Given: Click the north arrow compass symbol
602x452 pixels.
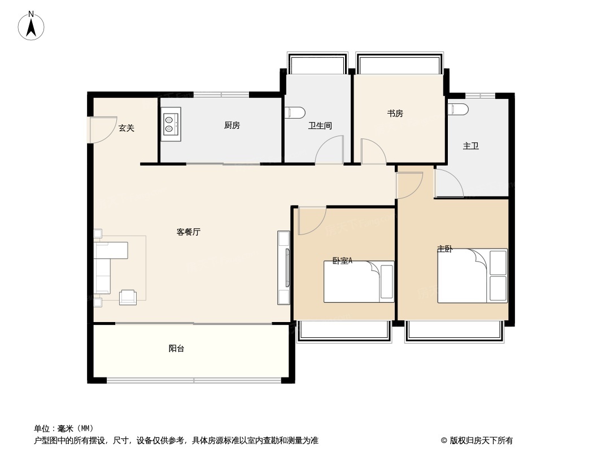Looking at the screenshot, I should point(31,25).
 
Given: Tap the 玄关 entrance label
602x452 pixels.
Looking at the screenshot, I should point(126,128).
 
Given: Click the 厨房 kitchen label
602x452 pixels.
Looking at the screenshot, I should point(232,125).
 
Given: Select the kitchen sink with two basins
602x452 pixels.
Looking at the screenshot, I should point(171,124).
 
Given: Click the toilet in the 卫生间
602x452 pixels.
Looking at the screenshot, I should point(295,112).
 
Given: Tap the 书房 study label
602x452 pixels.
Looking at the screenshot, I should point(395,114).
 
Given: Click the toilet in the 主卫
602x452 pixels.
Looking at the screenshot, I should point(457,108).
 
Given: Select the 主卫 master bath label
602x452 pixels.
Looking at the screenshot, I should point(471,146).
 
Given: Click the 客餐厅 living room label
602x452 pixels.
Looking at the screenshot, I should point(189,232).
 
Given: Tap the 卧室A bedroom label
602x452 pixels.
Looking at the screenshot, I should point(342,260).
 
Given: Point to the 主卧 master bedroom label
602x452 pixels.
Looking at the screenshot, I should point(444,249).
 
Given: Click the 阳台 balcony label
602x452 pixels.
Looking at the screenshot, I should point(177,349).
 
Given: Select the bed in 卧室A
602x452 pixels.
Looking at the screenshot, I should point(359,281).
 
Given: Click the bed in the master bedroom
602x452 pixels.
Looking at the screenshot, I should point(472,276).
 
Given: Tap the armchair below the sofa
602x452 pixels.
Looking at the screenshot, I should point(128,297).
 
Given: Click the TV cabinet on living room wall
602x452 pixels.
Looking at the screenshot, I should point(283,268).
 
